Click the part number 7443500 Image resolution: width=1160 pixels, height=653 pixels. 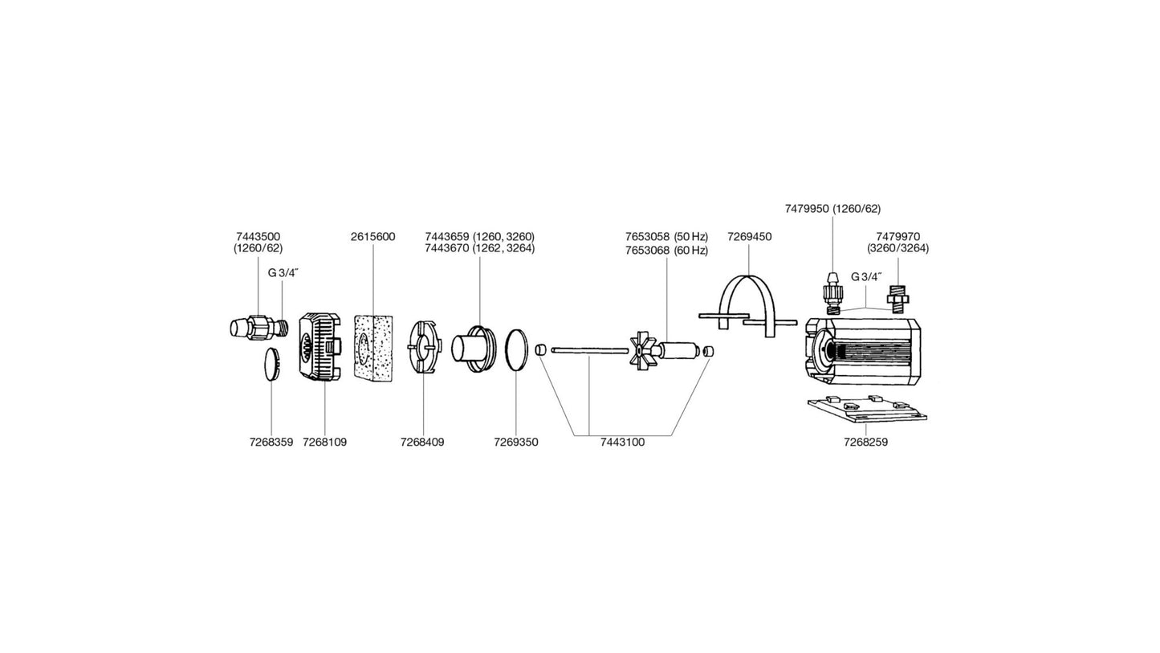pyautogui.click(x=258, y=236)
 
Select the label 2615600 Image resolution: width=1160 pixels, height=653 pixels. pyautogui.click(x=372, y=236)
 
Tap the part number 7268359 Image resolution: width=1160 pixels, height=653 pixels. pyautogui.click(x=271, y=442)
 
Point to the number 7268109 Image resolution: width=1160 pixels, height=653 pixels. pyautogui.click(x=324, y=442)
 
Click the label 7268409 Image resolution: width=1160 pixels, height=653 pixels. pyautogui.click(x=422, y=442)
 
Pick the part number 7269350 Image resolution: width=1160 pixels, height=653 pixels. pyautogui.click(x=515, y=442)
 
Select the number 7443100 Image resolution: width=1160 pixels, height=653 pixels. pyautogui.click(x=622, y=442)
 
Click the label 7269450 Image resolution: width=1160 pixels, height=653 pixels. pyautogui.click(x=749, y=236)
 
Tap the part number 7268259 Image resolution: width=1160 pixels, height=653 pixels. pyautogui.click(x=865, y=442)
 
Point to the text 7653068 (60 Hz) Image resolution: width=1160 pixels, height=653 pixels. pyautogui.click(x=666, y=251)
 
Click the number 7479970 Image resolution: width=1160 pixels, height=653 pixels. pyautogui.click(x=897, y=236)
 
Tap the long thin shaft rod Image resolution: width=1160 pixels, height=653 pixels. pyautogui.click(x=589, y=349)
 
